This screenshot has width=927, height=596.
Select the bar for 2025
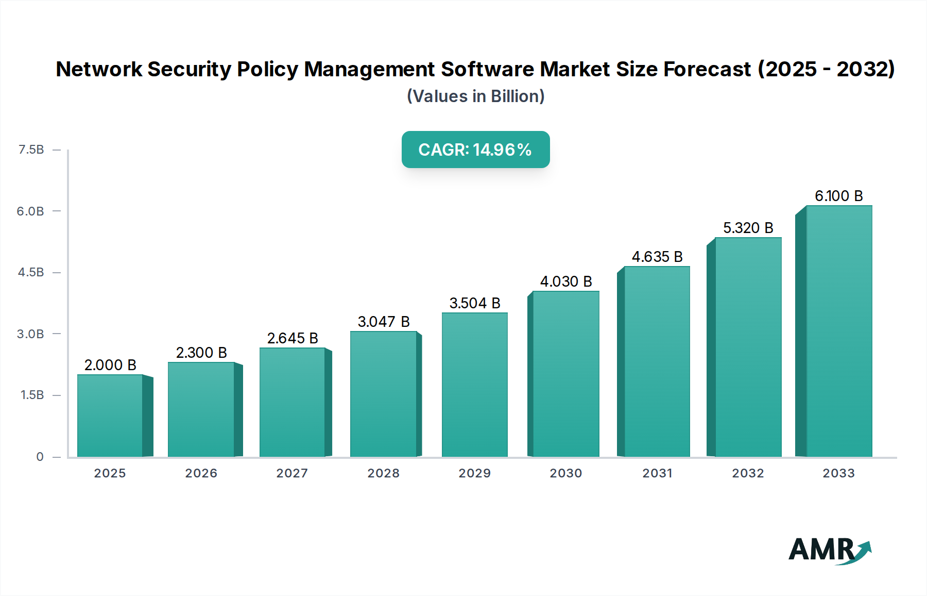pyautogui.click(x=110, y=416)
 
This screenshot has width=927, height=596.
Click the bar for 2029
pyautogui.click(x=475, y=385)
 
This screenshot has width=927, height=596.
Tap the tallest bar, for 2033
pyautogui.click(x=839, y=331)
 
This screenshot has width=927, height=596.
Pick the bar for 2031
pyautogui.click(x=657, y=361)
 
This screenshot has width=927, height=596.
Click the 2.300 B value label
pyautogui.click(x=201, y=353)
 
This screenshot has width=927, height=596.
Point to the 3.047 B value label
pyautogui.click(x=384, y=322)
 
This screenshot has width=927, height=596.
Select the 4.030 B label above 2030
pyautogui.click(x=566, y=282)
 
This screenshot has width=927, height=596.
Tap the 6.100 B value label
pyautogui.click(x=838, y=196)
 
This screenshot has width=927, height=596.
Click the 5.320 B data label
pyautogui.click(x=748, y=228)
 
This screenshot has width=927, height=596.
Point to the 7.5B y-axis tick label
pyautogui.click(x=31, y=150)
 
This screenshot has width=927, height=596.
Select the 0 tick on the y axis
pyautogui.click(x=40, y=457)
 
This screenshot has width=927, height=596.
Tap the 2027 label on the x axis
pyautogui.click(x=292, y=473)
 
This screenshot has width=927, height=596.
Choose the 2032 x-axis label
pyautogui.click(x=748, y=473)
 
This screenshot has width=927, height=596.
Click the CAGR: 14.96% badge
pyautogui.click(x=475, y=150)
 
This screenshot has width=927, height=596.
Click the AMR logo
pyautogui.click(x=829, y=551)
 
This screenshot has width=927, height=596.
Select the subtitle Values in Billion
pyautogui.click(x=475, y=96)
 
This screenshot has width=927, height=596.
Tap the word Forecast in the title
pyautogui.click(x=707, y=69)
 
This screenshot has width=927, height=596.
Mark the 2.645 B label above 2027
pyautogui.click(x=293, y=338)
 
